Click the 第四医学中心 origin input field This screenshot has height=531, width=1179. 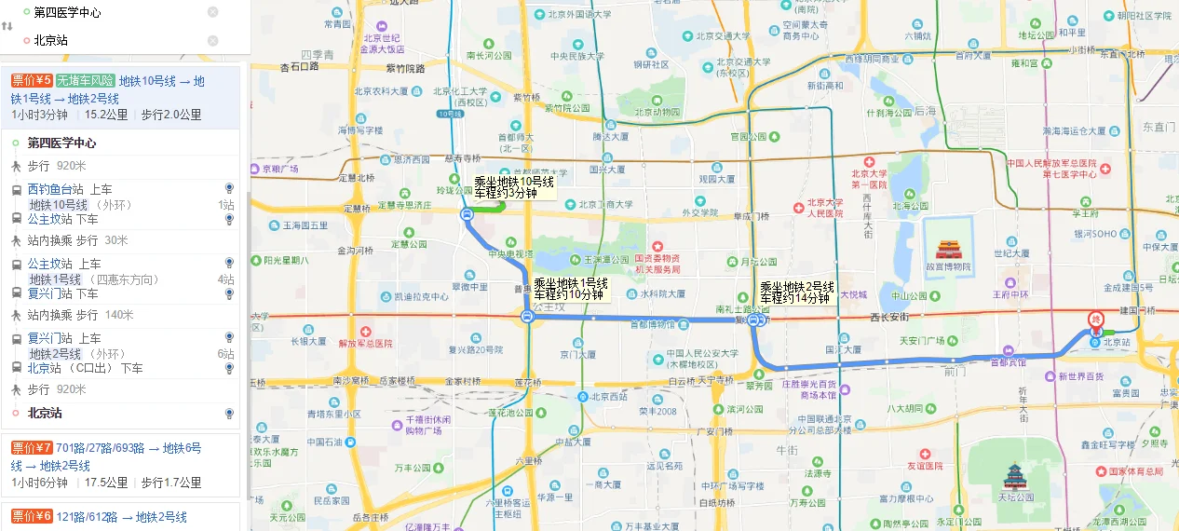pos(112,12)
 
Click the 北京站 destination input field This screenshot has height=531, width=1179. pos(112,40)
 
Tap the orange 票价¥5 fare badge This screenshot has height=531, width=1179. pos(32,81)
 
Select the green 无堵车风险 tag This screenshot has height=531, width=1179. pos(85,81)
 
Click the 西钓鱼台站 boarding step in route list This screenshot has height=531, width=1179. pos(56,189)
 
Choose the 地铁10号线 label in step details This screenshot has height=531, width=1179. pos(58,205)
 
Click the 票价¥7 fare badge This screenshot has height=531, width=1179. pos(32,448)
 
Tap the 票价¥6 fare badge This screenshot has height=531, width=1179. pos(32,517)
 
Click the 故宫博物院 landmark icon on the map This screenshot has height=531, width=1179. pos(948,250)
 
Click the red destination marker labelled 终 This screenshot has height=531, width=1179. pos(1096,319)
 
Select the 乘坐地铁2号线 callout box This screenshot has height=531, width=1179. pos(796,293)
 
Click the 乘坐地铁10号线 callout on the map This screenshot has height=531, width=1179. pos(514,187)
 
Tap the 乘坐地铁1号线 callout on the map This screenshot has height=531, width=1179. pos(570,289)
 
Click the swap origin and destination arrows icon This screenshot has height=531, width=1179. pos(7,26)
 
